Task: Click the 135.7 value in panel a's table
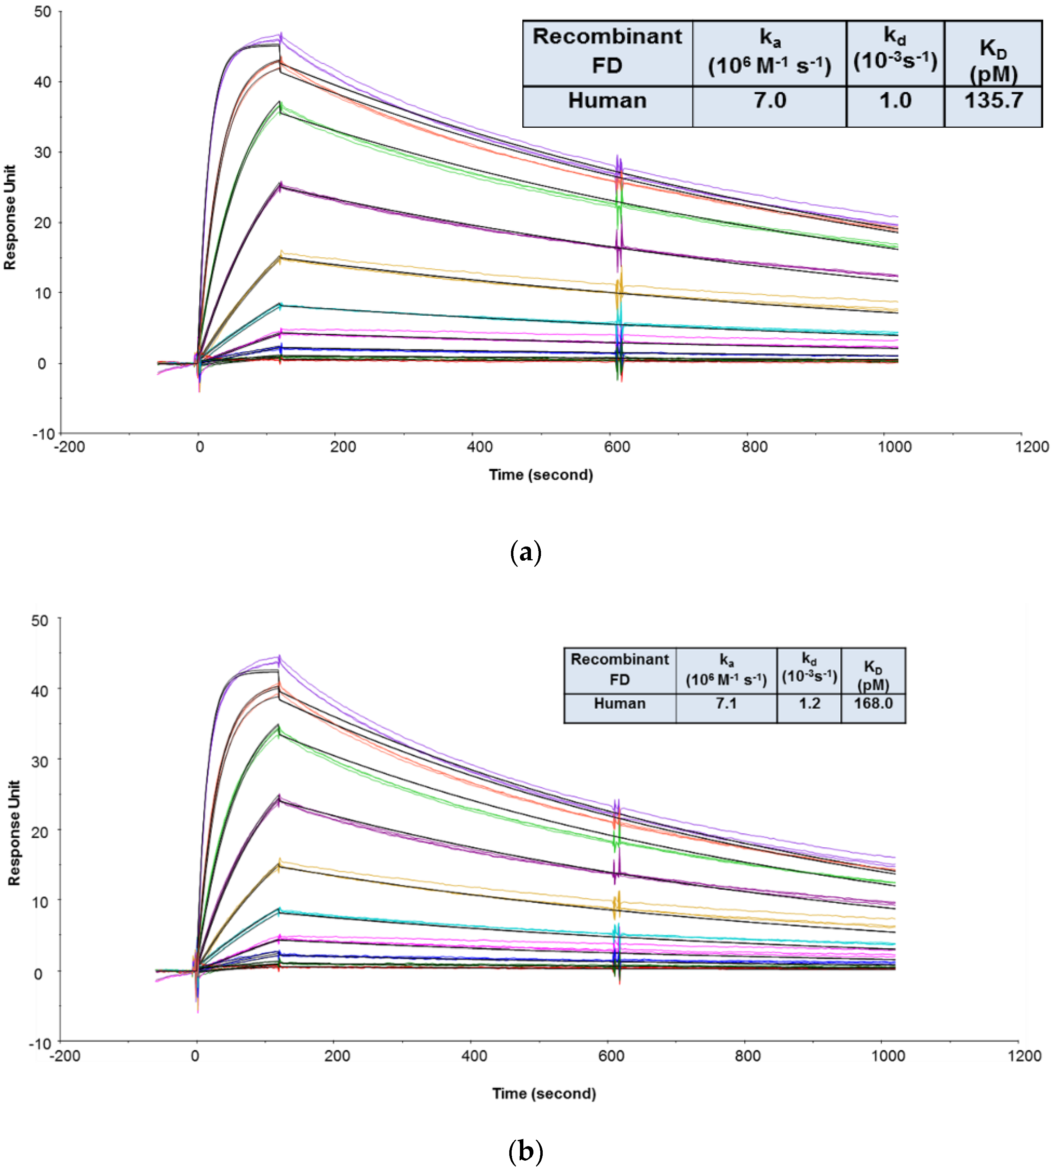click(x=993, y=101)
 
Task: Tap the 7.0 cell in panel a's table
click(x=770, y=101)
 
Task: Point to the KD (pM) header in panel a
click(x=993, y=61)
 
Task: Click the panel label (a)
click(x=526, y=552)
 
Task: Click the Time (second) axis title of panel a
click(x=541, y=475)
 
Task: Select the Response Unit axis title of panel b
click(x=13, y=833)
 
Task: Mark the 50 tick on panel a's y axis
click(x=42, y=12)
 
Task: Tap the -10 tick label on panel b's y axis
click(x=40, y=1044)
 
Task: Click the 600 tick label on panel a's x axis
click(x=617, y=447)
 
